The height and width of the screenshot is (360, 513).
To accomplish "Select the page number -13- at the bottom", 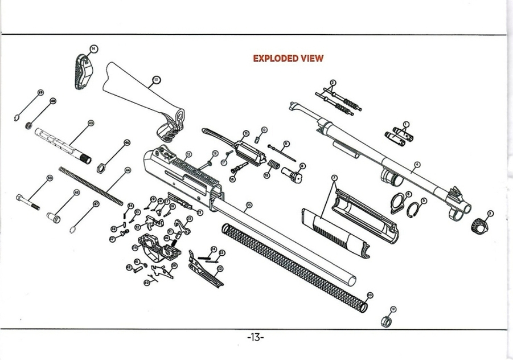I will (256, 337).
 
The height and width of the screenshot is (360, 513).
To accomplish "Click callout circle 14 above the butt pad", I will (93, 49).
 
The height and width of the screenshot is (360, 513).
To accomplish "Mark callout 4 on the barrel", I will (417, 165).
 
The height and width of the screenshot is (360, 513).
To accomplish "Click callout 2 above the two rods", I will (333, 83).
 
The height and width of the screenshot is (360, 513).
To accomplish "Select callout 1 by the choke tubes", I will (406, 124).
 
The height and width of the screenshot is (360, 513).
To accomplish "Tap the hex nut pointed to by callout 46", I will (101, 167).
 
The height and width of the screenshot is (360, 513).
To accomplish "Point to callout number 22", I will (220, 268).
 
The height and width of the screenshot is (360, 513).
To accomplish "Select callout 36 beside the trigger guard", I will (135, 247).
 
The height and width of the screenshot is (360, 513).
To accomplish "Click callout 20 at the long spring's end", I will (370, 294).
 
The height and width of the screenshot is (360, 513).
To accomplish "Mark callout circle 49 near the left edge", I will (40, 92).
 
